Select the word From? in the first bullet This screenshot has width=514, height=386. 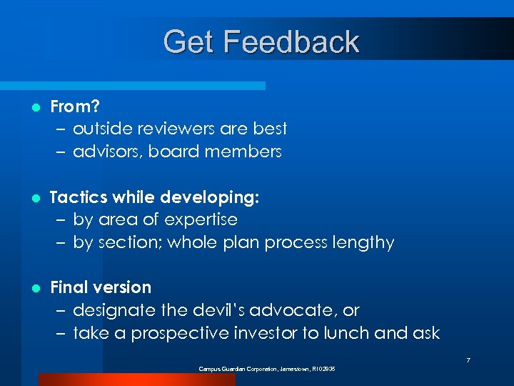point(74,107)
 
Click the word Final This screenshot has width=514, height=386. point(69,287)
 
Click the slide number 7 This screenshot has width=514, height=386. point(468,360)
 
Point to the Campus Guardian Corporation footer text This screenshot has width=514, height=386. point(267,369)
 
